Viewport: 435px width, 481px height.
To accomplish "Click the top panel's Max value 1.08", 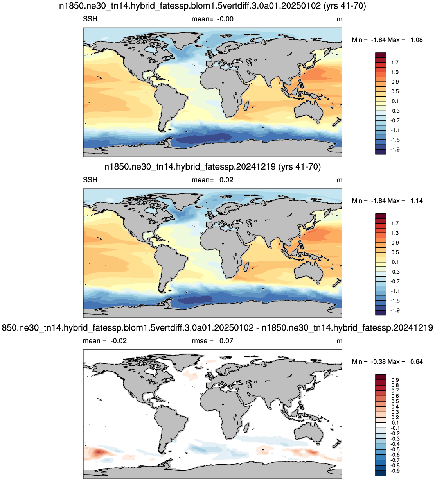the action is [417, 40].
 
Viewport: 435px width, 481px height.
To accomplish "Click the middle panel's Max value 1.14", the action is [417, 201].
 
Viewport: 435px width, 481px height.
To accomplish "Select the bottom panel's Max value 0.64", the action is [417, 361].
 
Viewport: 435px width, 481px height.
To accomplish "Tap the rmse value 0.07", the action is [226, 341].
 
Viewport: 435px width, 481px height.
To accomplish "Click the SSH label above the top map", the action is [90, 19].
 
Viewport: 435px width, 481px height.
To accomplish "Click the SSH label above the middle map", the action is [90, 180].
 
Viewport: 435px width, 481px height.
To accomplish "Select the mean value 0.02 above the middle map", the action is [226, 180].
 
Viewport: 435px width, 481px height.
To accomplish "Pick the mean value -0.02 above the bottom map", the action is [119, 341].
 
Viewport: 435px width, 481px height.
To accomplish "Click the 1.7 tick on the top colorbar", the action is [395, 63].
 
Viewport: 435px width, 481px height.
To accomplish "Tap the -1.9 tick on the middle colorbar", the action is [395, 310].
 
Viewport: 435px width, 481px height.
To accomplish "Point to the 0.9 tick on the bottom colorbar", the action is [395, 380].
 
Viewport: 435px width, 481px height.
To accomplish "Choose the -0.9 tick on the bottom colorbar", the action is [395, 471].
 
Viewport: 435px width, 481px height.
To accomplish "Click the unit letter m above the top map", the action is [339, 19].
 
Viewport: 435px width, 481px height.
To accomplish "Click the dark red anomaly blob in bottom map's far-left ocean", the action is [99, 452].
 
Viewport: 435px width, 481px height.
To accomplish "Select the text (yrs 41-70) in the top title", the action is [345, 6].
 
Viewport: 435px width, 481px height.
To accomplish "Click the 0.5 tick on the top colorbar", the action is [395, 91].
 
